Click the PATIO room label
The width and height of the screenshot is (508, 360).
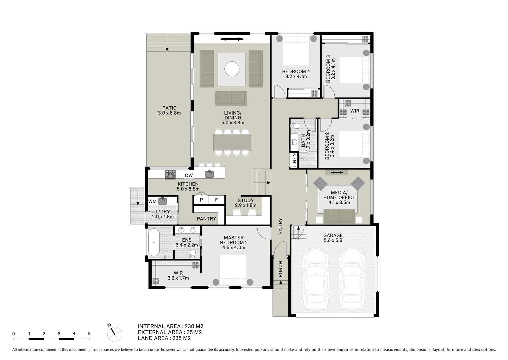(169, 108)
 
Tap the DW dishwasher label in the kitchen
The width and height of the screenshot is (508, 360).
(189, 175)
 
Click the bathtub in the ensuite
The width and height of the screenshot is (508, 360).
(154, 242)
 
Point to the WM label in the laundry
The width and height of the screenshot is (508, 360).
(152, 201)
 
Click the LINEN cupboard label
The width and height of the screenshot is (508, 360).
(294, 160)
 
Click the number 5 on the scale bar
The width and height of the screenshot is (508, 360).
(89, 334)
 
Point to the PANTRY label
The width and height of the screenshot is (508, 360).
(206, 219)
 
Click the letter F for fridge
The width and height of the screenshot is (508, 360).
(216, 200)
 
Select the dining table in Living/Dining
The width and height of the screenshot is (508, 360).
(232, 142)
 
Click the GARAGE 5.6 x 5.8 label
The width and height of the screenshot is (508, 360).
(333, 238)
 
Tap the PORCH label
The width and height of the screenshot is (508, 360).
(280, 269)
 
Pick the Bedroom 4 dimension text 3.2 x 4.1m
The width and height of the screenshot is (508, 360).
(296, 76)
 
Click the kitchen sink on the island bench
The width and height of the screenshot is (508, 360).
(209, 174)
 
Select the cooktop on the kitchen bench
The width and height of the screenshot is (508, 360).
(170, 174)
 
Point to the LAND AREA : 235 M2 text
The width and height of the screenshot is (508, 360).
(164, 338)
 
